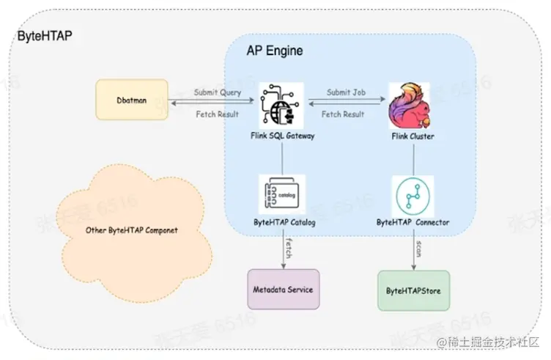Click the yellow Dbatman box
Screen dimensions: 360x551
tap(132, 100)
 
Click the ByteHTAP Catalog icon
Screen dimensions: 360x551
tap(281, 194)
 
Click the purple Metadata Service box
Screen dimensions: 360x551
tap(284, 289)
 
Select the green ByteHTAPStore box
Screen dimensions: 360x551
tap(413, 290)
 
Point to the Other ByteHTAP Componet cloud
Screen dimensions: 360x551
tap(132, 230)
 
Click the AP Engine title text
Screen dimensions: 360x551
tap(274, 51)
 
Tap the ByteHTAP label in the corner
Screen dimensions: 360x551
tap(45, 35)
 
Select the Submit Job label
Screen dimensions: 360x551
tap(346, 93)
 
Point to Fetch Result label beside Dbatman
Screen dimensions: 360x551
tap(218, 114)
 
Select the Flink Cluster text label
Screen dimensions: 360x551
tap(412, 136)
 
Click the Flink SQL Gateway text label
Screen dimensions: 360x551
tap(281, 136)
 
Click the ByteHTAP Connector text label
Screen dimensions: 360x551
tap(413, 221)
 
